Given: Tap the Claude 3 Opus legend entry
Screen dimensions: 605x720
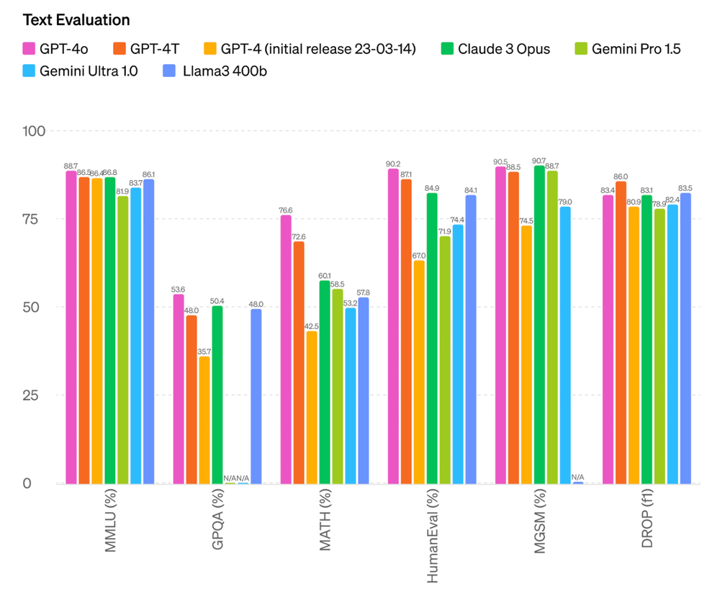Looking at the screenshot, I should tap(503, 49).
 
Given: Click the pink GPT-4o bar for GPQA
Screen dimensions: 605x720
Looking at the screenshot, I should tap(179, 389).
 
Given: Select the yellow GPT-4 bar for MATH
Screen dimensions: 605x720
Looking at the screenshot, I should tap(312, 407).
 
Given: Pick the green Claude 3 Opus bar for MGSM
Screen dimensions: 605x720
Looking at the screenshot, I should tap(539, 324).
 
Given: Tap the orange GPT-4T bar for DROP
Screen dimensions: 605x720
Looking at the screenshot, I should tap(621, 332).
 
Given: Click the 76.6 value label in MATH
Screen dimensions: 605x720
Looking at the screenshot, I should tap(286, 210).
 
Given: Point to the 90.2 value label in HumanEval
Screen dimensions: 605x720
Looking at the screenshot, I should tap(393, 163).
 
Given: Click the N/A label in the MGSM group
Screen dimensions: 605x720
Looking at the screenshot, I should tap(577, 476).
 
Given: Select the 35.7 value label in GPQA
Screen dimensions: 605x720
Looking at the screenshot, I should tap(204, 351).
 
